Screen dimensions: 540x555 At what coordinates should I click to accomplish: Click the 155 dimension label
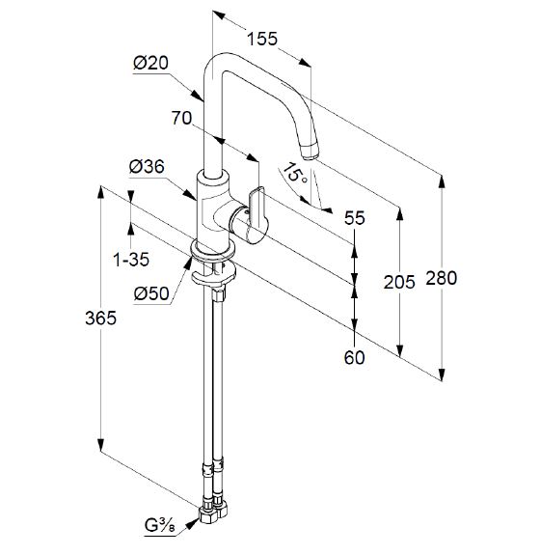(x=262, y=39)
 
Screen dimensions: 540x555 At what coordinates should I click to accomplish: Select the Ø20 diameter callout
(x=151, y=63)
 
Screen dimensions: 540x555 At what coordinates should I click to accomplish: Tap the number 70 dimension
(x=181, y=118)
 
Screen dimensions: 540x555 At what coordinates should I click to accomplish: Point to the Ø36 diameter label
(x=147, y=166)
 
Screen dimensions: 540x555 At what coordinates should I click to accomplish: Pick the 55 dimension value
(x=354, y=218)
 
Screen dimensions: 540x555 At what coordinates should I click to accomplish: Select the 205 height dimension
(x=399, y=282)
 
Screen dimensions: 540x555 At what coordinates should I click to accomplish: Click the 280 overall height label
(x=441, y=278)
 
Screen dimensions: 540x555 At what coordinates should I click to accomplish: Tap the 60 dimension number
(x=354, y=357)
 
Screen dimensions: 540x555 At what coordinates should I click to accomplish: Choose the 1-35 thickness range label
(x=131, y=260)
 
